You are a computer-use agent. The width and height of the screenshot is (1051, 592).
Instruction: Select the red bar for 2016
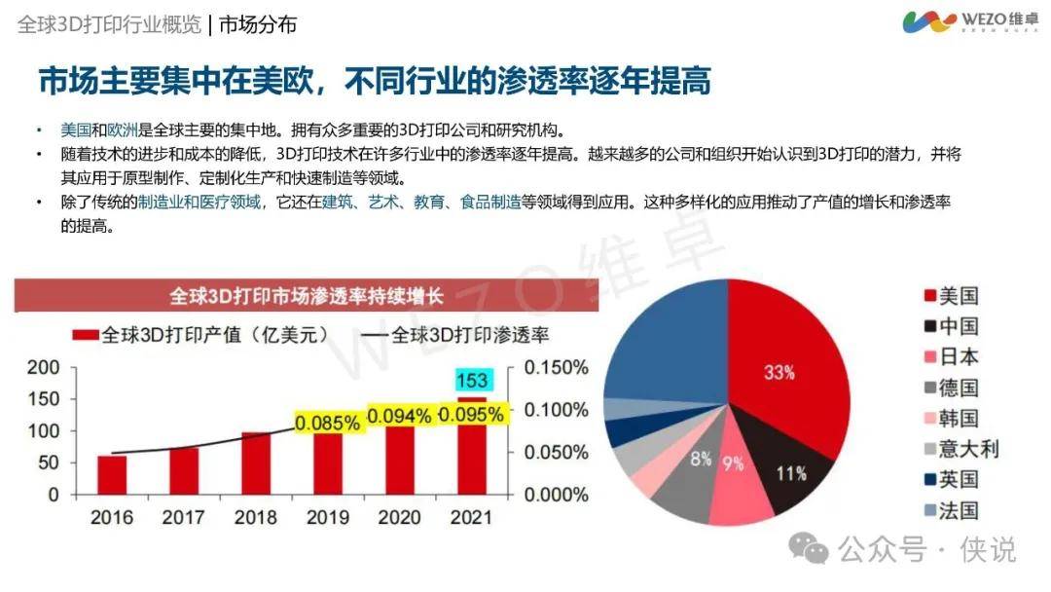pos(112,474)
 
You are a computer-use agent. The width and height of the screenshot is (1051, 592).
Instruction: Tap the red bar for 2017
pos(184,470)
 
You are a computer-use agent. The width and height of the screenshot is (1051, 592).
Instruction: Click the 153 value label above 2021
pos(472,380)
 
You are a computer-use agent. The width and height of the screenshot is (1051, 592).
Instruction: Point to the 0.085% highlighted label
pos(328,424)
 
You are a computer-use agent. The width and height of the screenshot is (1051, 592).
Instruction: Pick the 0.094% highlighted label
pos(399,416)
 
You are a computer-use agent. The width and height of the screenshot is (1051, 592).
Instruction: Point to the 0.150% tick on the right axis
pos(556,368)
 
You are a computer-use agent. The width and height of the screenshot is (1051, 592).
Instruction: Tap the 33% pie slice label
pos(779,372)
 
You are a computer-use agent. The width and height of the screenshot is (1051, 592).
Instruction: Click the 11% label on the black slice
pos(791,474)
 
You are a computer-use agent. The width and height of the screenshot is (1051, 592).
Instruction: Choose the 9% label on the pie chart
pos(732,464)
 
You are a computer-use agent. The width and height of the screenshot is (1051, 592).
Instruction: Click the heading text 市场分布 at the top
pos(258,24)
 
